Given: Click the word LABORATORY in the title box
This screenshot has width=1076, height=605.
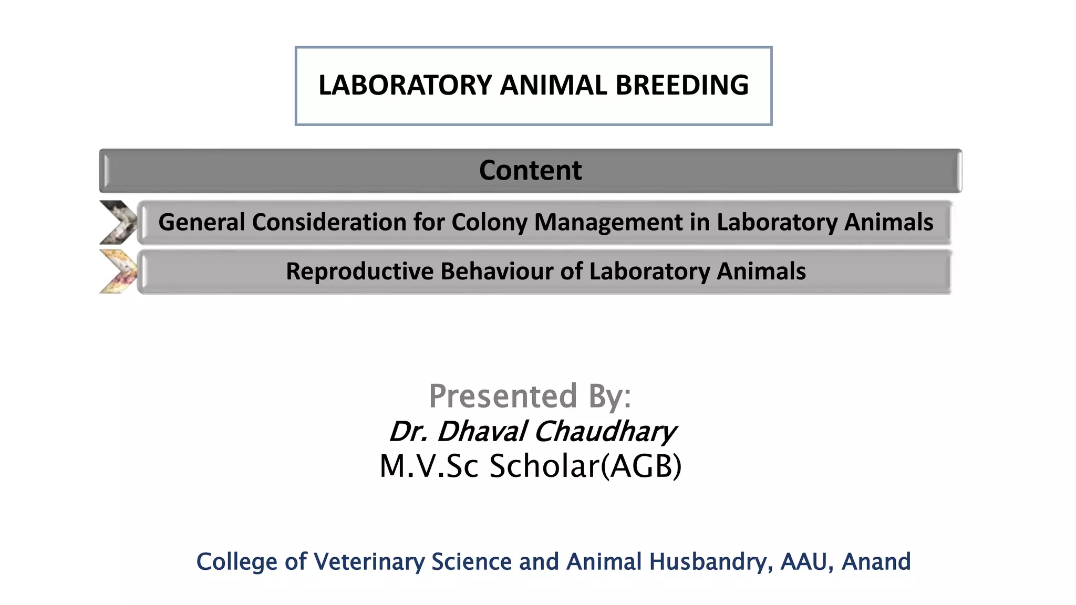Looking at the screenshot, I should click(x=405, y=85).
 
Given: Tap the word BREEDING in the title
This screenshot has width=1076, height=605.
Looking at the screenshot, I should click(x=682, y=85).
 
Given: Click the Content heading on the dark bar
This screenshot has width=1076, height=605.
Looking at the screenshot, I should click(x=530, y=170).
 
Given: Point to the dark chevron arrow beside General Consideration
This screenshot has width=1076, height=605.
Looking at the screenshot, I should click(x=118, y=222).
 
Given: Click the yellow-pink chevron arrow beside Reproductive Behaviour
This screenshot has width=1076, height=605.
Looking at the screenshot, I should click(x=118, y=272).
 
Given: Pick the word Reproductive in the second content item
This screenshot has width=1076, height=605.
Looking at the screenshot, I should click(x=359, y=272).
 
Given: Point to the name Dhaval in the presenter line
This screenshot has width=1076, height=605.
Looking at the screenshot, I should click(x=481, y=431).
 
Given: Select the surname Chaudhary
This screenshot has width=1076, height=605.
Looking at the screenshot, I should click(x=605, y=431).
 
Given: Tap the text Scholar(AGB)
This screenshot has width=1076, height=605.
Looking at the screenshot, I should click(x=585, y=466).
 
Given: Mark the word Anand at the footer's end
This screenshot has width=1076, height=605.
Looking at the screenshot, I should click(x=876, y=561).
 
